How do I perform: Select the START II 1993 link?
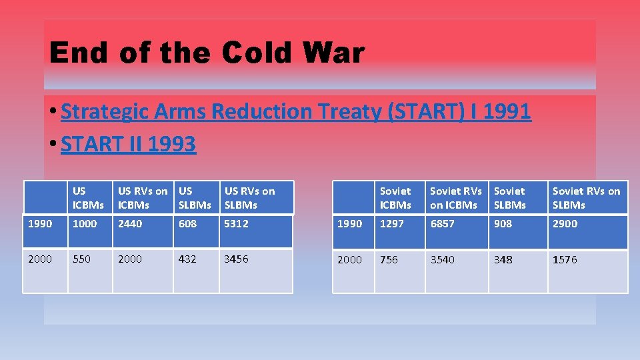click(x=128, y=144)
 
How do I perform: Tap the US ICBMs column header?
click(x=88, y=198)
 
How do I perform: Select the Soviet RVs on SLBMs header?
click(x=586, y=198)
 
